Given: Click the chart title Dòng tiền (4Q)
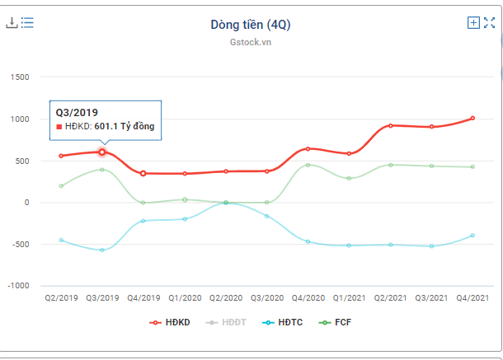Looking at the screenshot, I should (250, 25).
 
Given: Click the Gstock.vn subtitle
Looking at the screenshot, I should (250, 42).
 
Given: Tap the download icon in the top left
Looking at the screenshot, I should (12, 23).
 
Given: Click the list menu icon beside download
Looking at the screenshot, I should (27, 23).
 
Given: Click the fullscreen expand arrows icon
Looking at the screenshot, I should (489, 23).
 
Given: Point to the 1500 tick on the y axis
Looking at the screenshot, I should (18, 77).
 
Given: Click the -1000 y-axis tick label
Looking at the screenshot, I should (16, 286).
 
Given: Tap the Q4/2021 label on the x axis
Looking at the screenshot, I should (472, 298).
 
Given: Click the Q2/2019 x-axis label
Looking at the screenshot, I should (61, 298).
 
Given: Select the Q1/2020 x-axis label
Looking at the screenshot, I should (185, 298).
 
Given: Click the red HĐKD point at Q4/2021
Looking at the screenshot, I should (472, 118).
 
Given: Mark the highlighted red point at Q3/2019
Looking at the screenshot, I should (102, 152).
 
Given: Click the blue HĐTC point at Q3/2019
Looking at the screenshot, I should (102, 250).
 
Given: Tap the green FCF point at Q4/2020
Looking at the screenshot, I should (308, 165).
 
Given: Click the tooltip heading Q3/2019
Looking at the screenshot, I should (77, 111).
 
